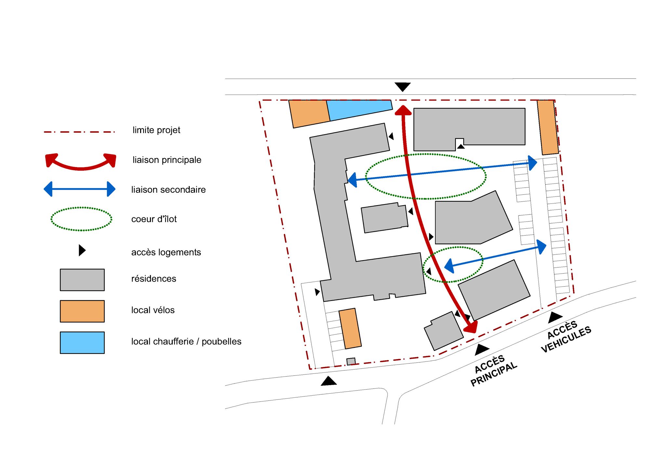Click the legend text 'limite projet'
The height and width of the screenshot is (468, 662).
(x=156, y=130)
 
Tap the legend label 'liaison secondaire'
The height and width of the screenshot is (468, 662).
(x=168, y=189)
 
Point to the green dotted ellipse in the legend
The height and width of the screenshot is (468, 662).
(x=81, y=219)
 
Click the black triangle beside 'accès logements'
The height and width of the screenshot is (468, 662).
(x=82, y=250)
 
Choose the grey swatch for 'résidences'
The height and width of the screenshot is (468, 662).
(x=82, y=279)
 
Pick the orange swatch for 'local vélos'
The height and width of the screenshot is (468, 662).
(x=82, y=311)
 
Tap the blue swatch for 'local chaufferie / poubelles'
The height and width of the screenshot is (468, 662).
(x=82, y=343)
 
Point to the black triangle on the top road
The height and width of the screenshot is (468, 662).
(x=403, y=87)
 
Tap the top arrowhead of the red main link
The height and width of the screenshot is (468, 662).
(x=403, y=110)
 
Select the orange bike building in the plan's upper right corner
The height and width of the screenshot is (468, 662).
(x=548, y=127)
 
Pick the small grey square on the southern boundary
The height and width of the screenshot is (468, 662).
(x=351, y=361)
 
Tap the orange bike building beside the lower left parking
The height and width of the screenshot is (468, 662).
(x=350, y=328)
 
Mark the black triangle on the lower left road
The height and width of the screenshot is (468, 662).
(x=329, y=381)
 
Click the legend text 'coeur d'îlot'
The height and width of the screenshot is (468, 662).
(x=154, y=219)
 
